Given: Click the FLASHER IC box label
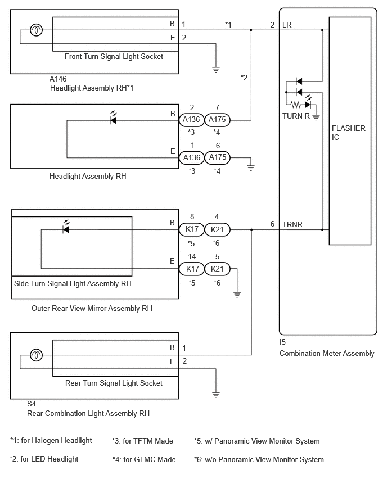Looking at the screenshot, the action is (x=349, y=133).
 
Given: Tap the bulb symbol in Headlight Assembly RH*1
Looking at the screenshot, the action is (x=36, y=30).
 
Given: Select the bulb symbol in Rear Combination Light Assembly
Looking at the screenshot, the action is (x=36, y=355).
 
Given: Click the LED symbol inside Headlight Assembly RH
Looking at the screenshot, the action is (x=113, y=118).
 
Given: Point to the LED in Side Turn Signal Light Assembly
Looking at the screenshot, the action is (x=66, y=227).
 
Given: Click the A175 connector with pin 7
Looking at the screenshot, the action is (x=217, y=119).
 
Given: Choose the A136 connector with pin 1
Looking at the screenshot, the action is (x=191, y=157).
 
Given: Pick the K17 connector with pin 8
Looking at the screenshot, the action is (x=191, y=229).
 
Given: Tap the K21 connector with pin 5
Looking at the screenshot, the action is (x=217, y=269).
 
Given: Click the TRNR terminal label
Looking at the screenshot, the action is (x=292, y=224).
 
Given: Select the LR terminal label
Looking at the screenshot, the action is (x=287, y=25).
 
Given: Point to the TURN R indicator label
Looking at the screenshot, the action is (x=296, y=116).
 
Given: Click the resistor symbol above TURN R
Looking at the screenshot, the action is (x=296, y=105).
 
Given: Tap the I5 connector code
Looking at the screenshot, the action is (x=282, y=342).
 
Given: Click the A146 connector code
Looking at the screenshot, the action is (x=58, y=79).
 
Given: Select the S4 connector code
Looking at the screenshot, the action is (x=31, y=404).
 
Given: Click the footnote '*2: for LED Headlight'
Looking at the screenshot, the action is (x=44, y=459).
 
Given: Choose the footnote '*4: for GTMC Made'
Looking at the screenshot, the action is (x=144, y=459).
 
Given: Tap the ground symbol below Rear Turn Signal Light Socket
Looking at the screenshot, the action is (x=216, y=395).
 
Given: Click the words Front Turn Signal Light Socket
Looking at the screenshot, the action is (x=114, y=57).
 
